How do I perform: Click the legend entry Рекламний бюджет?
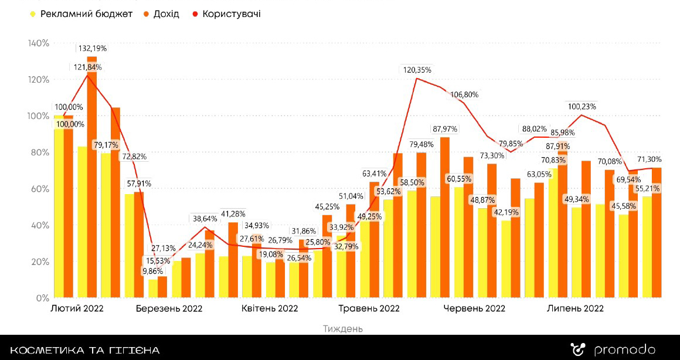(86, 13)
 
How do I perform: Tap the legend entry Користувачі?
(232, 13)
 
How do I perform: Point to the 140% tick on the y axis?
(38, 43)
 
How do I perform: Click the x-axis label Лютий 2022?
(77, 308)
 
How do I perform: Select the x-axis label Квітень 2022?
(270, 308)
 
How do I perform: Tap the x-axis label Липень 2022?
(575, 308)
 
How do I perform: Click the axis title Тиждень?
(343, 328)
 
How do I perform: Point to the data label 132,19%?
(92, 48)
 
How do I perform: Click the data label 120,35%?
(417, 70)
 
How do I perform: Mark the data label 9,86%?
(154, 271)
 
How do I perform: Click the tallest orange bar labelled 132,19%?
(92, 176)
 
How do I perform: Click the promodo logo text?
(624, 350)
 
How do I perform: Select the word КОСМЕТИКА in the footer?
(47, 351)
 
